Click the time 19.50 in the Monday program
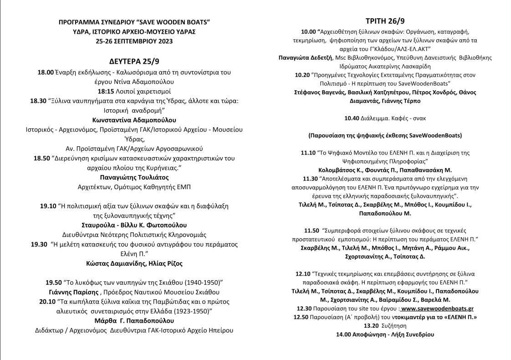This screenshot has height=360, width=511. [x=54, y=283]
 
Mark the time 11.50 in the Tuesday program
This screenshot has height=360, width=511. [x=313, y=231]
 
